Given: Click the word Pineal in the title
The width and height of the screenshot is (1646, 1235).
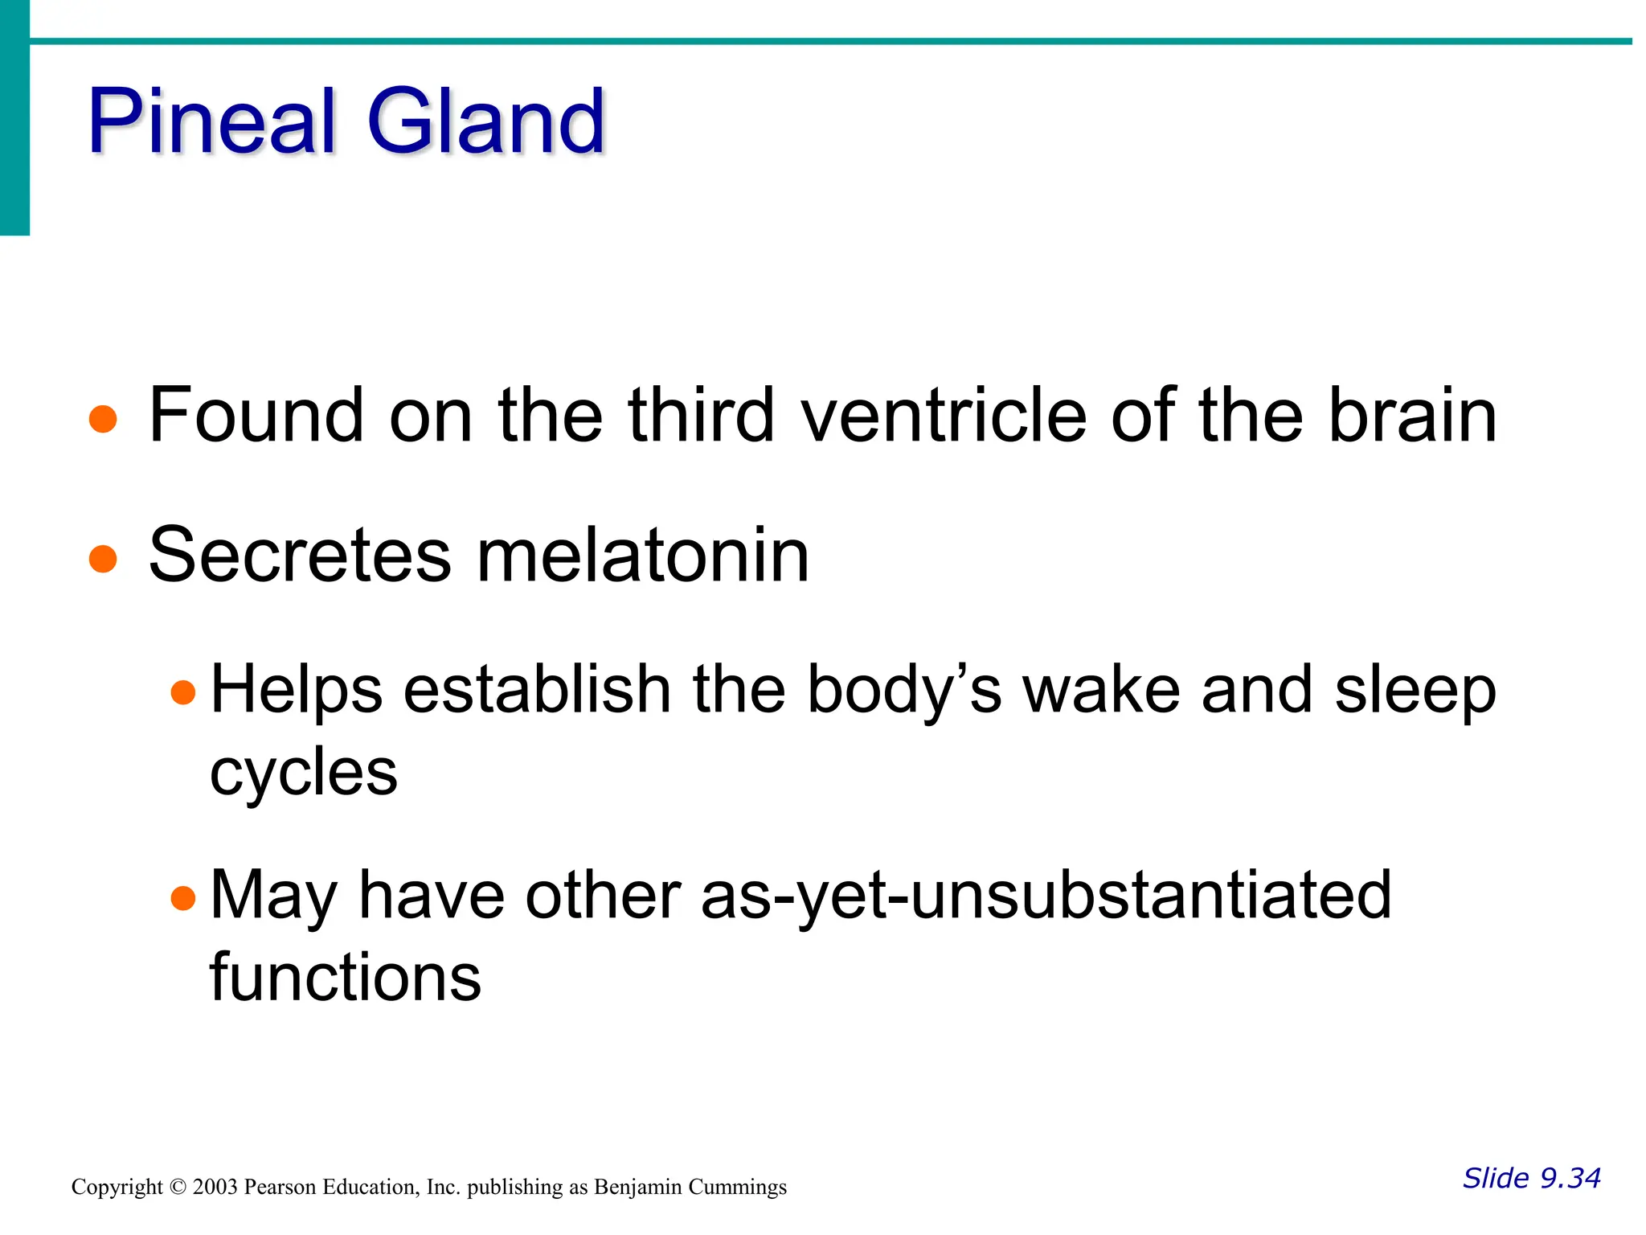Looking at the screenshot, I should click(x=211, y=122).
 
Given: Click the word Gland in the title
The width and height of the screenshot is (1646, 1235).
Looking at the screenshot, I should click(x=485, y=122).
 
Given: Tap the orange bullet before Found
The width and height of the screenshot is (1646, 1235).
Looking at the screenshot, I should click(x=103, y=419).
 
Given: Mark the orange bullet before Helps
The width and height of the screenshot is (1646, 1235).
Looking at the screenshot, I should click(x=184, y=691).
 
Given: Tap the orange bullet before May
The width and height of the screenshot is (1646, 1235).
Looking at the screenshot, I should click(x=184, y=897).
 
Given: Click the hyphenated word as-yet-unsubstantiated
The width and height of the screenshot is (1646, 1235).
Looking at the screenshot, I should click(x=1045, y=896).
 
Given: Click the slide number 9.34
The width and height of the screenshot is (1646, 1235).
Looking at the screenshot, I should click(x=1570, y=1178).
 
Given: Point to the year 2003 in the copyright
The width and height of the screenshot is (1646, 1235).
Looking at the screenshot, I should click(x=215, y=1187).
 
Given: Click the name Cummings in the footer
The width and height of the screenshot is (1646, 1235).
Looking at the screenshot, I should click(x=740, y=1188).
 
